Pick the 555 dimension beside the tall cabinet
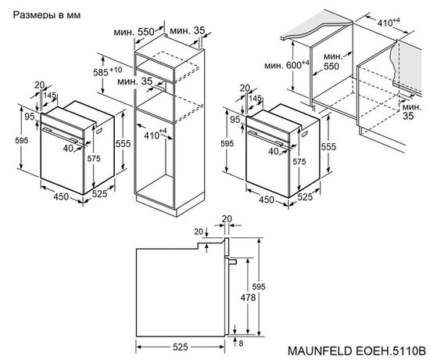coord(120,144)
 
